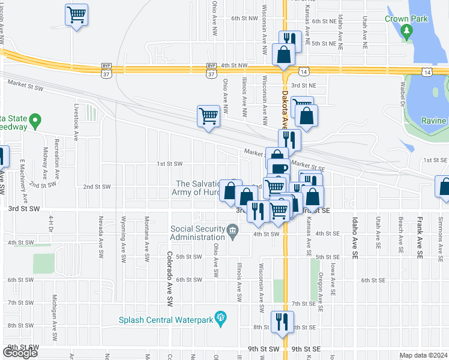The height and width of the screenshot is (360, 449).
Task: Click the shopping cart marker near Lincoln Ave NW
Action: click(76, 14)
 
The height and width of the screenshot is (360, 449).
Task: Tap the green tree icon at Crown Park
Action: click(407, 30)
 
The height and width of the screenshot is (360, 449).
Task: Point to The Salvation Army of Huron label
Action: click(196, 188)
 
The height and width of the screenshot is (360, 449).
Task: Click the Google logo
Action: click(20, 352)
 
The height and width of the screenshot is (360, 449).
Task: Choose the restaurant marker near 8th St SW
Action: click(280, 321)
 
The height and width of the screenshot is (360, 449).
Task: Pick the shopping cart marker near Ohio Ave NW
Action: click(208, 116)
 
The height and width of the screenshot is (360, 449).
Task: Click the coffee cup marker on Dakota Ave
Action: click(278, 170)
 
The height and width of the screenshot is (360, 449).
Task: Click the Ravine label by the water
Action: click(433, 121)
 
